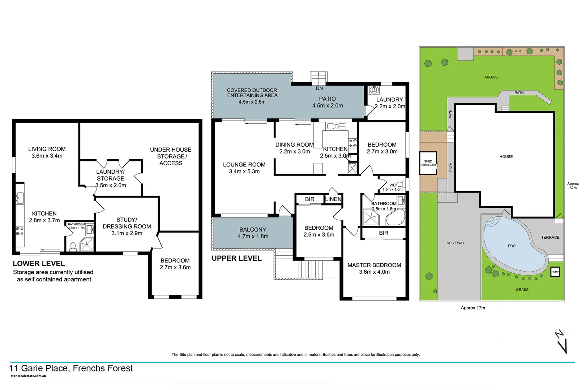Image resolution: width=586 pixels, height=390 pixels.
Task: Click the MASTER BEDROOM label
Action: point(374,265)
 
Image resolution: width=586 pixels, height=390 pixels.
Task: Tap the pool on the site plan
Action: point(512,246)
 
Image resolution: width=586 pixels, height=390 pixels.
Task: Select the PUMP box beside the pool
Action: point(555,272)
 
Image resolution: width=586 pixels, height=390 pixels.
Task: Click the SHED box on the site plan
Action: point(428,163)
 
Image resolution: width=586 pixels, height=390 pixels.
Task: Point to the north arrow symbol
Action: point(561,342)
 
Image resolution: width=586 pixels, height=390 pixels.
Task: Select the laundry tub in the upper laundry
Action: point(374,90)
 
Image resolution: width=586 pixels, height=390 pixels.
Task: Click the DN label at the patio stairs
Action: point(319,88)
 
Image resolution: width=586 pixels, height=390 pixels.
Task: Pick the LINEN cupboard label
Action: point(333,199)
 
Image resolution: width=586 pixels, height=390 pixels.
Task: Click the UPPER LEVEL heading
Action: point(236,258)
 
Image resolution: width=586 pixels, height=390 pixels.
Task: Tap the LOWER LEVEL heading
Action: point(39,264)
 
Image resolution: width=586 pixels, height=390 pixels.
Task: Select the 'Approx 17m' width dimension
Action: point(473,308)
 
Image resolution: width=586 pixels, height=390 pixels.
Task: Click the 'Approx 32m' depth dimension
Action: point(573,186)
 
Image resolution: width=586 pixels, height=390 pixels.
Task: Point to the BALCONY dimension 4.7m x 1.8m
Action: point(253,237)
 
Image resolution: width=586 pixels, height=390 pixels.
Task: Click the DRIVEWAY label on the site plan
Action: point(455,243)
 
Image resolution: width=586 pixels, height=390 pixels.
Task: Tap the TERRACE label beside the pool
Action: point(550,237)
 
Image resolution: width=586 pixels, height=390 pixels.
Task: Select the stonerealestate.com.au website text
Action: point(28,376)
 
